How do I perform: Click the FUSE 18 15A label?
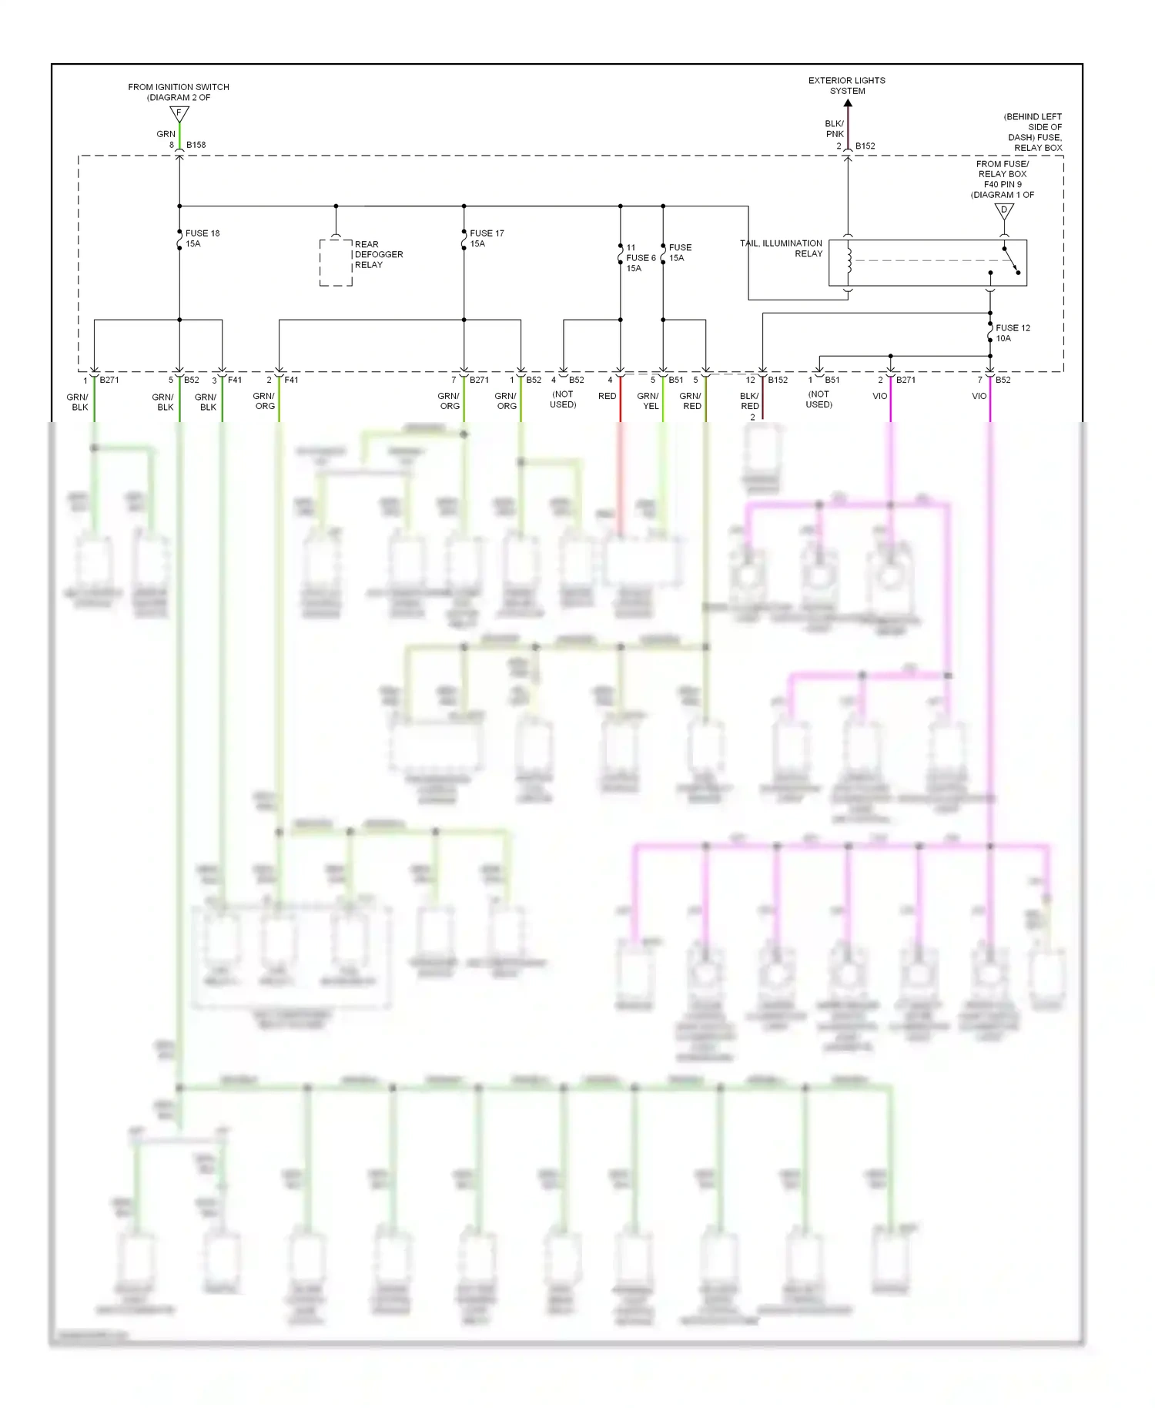(x=202, y=238)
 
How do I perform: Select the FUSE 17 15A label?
(x=487, y=238)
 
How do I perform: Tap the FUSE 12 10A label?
(x=1013, y=333)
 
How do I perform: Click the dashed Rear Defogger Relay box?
(x=336, y=263)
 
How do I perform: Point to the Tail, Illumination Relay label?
(x=782, y=248)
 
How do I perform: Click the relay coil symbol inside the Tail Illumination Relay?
(x=849, y=260)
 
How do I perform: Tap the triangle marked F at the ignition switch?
(x=179, y=114)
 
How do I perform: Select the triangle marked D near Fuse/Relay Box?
(x=1003, y=211)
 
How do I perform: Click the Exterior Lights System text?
(x=847, y=85)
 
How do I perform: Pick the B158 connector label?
(x=196, y=145)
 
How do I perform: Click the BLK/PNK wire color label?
(x=835, y=129)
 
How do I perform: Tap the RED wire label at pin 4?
(x=607, y=396)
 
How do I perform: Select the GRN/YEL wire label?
(x=648, y=401)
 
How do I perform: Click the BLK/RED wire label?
(x=749, y=401)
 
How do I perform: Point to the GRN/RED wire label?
(x=691, y=401)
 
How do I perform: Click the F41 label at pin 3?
(x=235, y=380)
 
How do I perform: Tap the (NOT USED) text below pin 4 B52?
(x=563, y=399)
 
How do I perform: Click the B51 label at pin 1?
(x=832, y=380)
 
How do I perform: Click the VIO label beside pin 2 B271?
(x=879, y=396)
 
